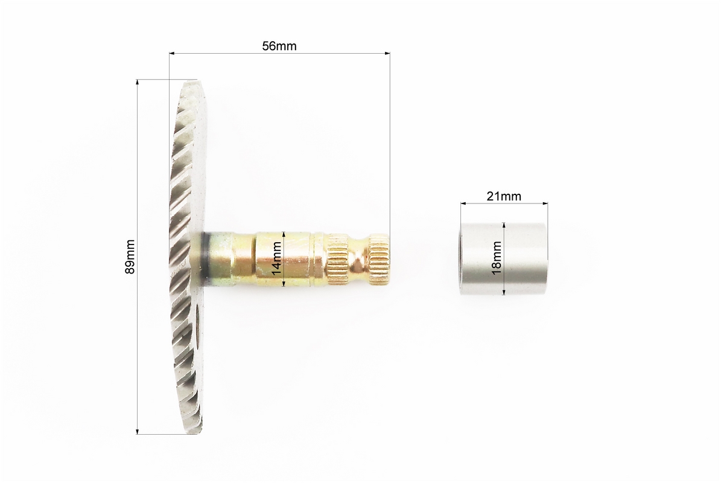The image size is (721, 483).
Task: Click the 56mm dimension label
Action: point(279,46)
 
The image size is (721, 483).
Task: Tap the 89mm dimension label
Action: point(130,257)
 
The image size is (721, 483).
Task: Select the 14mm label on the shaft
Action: point(277,258)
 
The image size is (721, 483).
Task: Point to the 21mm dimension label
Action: point(504,196)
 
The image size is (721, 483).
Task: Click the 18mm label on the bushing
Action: point(497,258)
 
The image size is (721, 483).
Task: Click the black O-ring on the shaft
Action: point(204,258)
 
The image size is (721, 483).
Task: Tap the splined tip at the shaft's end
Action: point(379,258)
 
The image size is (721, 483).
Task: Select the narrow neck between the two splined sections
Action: point(358,258)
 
